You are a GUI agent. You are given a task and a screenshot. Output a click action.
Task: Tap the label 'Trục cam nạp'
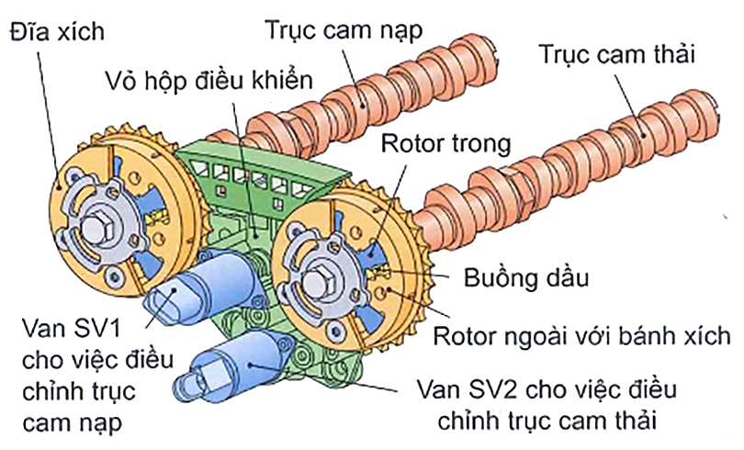point(344,29)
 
